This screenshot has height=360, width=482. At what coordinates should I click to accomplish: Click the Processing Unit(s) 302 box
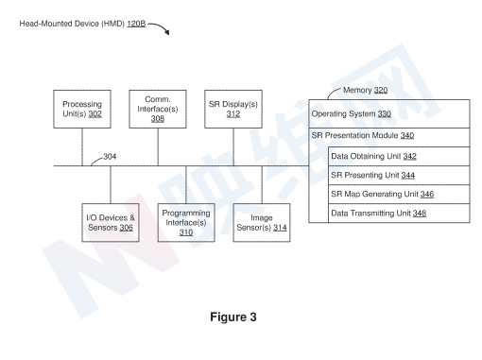(x=82, y=109)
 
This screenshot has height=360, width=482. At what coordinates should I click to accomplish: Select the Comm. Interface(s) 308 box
(x=158, y=109)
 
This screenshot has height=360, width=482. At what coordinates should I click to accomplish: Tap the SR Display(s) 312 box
(x=233, y=109)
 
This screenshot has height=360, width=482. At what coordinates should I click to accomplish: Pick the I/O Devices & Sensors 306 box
(x=111, y=223)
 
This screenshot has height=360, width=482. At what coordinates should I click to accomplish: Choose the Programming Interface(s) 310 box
(x=186, y=223)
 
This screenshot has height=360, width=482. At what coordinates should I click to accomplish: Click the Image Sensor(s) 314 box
(x=262, y=223)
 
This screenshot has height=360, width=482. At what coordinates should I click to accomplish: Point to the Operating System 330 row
(x=389, y=113)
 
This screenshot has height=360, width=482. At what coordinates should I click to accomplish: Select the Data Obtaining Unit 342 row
(x=399, y=156)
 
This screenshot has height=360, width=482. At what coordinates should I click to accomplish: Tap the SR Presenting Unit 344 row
(x=399, y=175)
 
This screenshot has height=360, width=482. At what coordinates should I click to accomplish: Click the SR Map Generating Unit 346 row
(x=399, y=194)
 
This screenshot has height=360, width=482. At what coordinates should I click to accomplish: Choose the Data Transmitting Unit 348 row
(x=399, y=214)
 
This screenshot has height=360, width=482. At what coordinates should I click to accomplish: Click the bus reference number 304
(x=110, y=157)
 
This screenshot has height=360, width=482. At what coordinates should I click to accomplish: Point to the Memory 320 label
(x=365, y=90)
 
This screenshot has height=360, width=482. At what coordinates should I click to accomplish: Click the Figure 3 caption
(x=233, y=317)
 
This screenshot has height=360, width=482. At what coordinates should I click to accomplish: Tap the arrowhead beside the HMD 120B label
(x=167, y=32)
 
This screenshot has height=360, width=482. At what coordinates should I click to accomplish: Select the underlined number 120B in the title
(x=136, y=24)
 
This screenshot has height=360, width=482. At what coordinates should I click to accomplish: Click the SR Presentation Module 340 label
(x=363, y=135)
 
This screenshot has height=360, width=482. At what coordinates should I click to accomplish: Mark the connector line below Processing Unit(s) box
(x=82, y=146)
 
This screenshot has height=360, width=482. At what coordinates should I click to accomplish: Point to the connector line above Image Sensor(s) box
(x=262, y=184)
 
